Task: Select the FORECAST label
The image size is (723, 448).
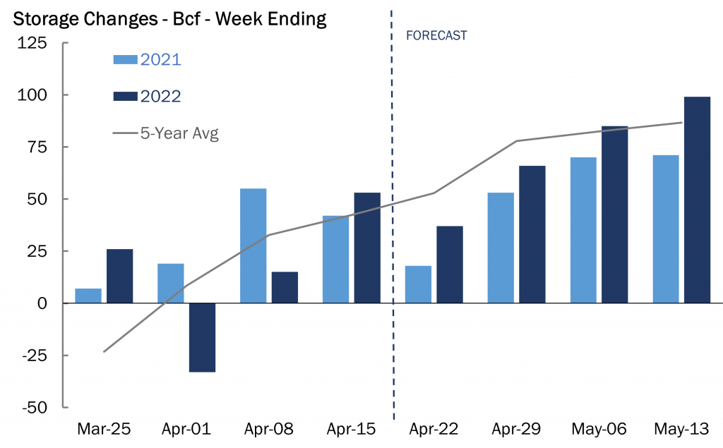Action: point(436,35)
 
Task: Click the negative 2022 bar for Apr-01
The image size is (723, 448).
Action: point(202,337)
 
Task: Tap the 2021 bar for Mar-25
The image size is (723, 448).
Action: point(88,296)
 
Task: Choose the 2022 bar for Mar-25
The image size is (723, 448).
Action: point(119,276)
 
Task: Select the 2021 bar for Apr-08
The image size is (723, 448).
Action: point(253,246)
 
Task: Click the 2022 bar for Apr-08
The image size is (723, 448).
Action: point(285,287)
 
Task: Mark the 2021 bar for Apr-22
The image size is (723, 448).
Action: point(419,284)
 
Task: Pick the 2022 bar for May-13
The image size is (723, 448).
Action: point(697,200)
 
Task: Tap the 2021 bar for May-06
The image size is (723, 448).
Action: point(583,230)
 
